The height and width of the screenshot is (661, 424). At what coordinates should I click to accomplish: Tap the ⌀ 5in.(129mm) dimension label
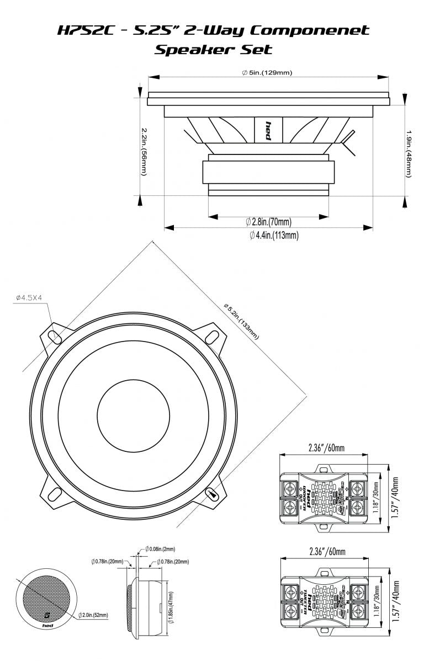[x=267, y=73]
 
